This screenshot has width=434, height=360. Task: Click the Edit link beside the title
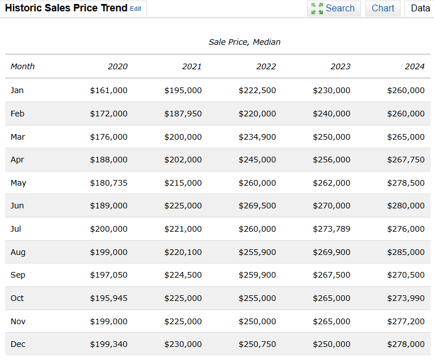point(136,9)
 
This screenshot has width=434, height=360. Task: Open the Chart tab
point(382,9)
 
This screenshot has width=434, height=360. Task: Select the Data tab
point(420,9)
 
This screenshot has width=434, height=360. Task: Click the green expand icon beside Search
point(317,9)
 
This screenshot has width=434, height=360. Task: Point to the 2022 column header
point(266,66)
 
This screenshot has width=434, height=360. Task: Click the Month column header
point(23,66)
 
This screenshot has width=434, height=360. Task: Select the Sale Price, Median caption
point(245,42)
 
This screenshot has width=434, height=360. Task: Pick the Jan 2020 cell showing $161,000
point(108,90)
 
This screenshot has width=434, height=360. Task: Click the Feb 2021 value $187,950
point(183,114)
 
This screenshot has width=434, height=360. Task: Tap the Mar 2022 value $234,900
point(257,137)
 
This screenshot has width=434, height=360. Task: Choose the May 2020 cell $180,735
point(108,183)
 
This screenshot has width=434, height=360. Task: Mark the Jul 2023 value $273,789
point(331,229)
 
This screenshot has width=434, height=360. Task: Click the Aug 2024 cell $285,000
point(406,252)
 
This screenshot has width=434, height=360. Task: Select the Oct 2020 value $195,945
point(108,298)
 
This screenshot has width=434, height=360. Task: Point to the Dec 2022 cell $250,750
point(257,344)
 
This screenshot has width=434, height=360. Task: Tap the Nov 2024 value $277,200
point(406,321)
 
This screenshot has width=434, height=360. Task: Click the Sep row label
point(18,275)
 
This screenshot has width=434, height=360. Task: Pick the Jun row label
point(17,206)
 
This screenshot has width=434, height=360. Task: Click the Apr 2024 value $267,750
point(406,160)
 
